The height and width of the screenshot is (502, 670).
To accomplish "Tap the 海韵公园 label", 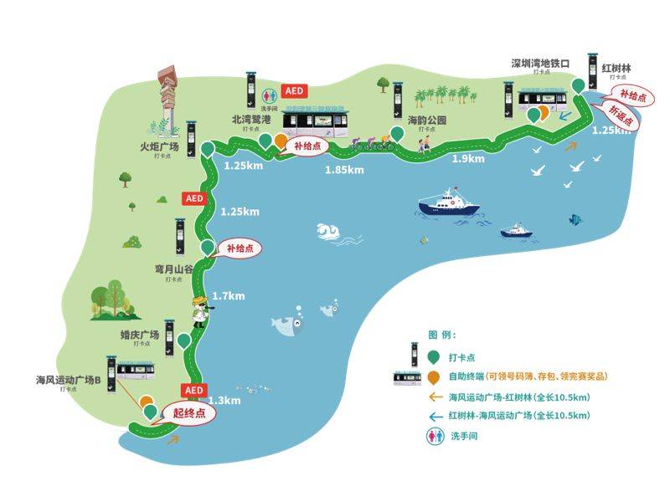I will (x=427, y=120).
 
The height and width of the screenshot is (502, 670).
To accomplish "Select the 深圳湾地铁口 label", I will (x=540, y=63).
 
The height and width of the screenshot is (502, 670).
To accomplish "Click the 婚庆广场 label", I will (x=141, y=335).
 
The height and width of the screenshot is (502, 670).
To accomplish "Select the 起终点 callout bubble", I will (x=189, y=412).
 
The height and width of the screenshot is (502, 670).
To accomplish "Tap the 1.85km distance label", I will (x=344, y=171).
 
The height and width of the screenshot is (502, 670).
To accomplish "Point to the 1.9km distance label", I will (x=468, y=159).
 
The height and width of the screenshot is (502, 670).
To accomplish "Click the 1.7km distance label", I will (x=229, y=296).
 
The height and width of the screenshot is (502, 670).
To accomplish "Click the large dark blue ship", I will (x=447, y=204).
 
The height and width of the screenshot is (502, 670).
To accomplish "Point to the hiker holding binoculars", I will (x=200, y=314).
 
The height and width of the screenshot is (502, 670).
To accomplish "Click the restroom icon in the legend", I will (x=432, y=435).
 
